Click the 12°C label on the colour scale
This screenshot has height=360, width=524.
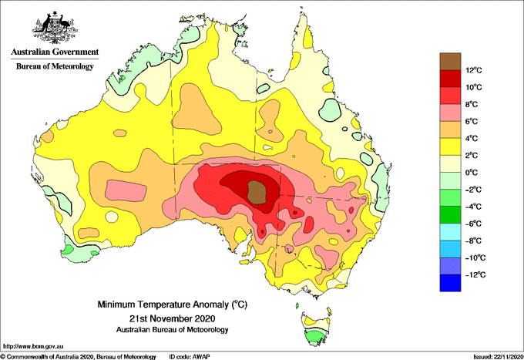pyautogui.click(x=474, y=70)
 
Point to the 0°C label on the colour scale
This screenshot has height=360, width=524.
pyautogui.click(x=472, y=173)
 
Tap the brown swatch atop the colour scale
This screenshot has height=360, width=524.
pyautogui.click(x=450, y=62)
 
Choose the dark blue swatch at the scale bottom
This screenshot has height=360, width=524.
pyautogui.click(x=450, y=283)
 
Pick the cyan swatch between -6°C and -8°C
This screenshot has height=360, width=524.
pyautogui.click(x=450, y=232)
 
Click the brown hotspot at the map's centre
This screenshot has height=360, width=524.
pyautogui.click(x=257, y=192)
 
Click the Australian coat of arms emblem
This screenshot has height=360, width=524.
pyautogui.click(x=55, y=28)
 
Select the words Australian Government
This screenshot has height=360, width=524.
pyautogui.click(x=55, y=52)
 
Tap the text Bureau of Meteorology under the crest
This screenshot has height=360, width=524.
pyautogui.click(x=55, y=66)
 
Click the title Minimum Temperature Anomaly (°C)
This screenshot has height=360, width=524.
pyautogui.click(x=172, y=304)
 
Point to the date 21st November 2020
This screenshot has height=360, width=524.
pyautogui.click(x=172, y=318)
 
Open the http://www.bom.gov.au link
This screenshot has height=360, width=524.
pyautogui.click(x=33, y=346)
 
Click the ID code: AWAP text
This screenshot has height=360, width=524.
pyautogui.click(x=190, y=357)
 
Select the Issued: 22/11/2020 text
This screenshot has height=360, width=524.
pyautogui.click(x=498, y=357)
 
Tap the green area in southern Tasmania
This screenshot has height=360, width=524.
pyautogui.click(x=315, y=337)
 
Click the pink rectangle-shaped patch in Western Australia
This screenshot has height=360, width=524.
pyautogui.click(x=126, y=191)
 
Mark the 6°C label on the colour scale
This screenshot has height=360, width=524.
pyautogui.click(x=472, y=121)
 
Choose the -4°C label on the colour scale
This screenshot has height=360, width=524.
pyautogui.click(x=474, y=207)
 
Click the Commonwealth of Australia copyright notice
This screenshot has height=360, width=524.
pyautogui.click(x=79, y=357)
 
